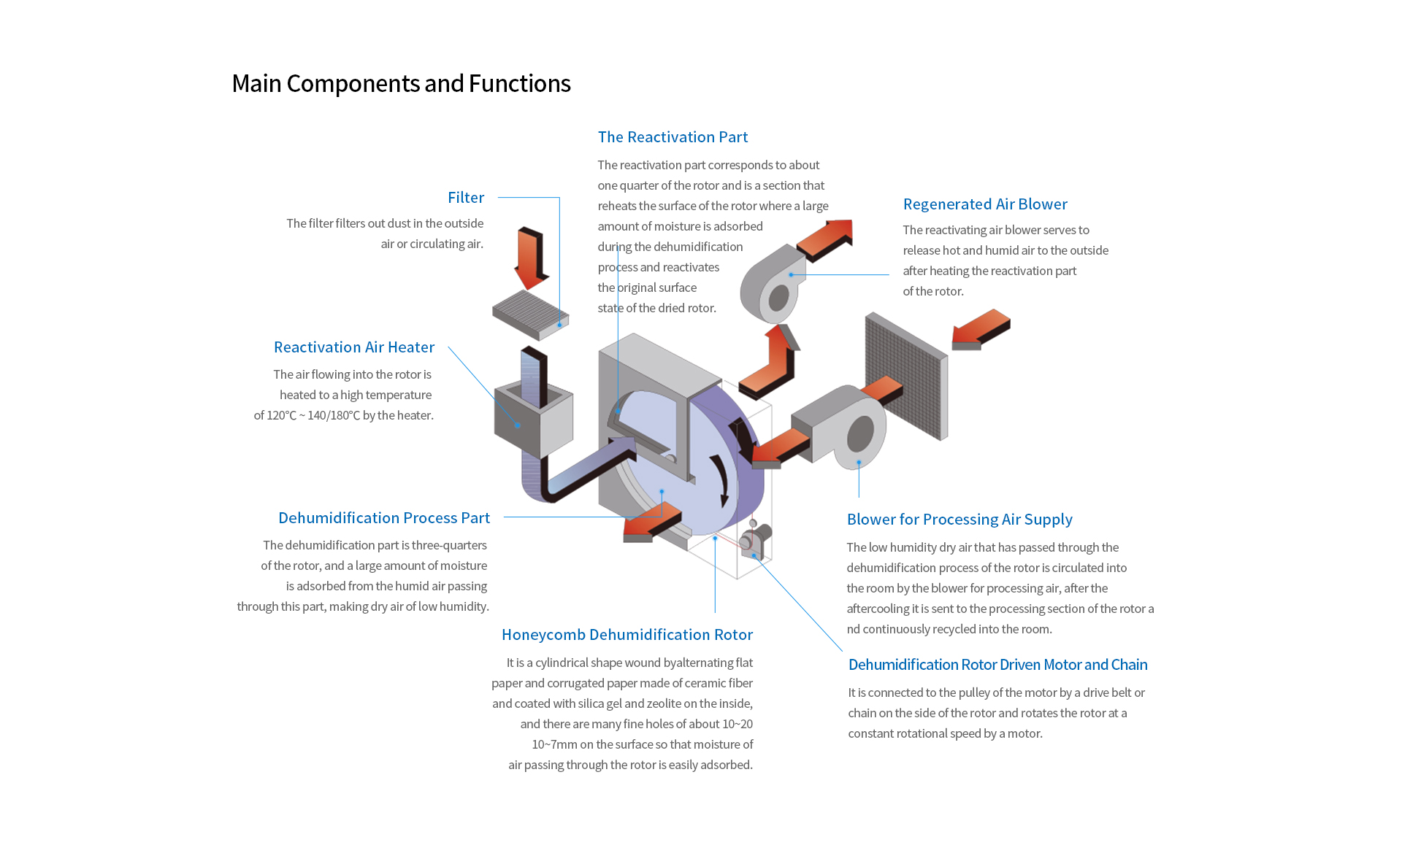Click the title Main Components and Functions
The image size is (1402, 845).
click(401, 84)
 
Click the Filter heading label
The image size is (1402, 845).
click(466, 198)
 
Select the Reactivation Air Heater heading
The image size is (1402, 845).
click(354, 347)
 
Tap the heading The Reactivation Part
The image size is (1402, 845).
click(673, 137)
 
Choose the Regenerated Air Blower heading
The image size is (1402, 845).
click(985, 204)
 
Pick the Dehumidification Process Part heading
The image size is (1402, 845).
click(384, 518)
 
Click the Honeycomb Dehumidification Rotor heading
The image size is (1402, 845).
click(627, 635)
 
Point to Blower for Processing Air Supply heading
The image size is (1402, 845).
click(959, 520)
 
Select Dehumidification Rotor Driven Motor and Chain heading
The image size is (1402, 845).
click(997, 665)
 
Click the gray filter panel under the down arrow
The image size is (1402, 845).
click(530, 314)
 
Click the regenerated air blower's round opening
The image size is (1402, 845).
click(778, 298)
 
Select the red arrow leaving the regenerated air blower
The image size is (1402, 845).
click(825, 239)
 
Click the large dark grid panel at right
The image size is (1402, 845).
click(905, 376)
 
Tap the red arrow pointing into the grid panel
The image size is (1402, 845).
click(981, 329)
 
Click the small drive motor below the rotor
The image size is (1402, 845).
click(755, 540)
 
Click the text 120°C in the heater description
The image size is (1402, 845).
click(281, 416)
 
